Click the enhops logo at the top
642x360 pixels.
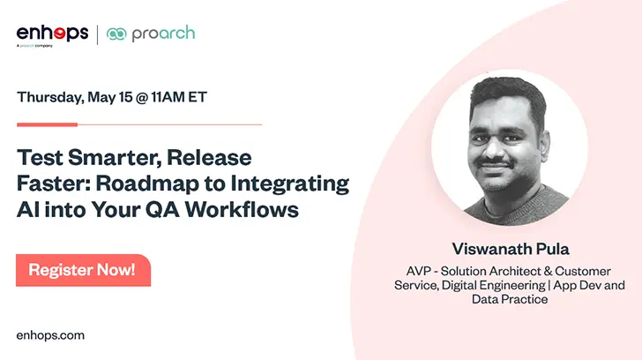(52, 34)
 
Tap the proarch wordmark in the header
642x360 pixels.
(163, 34)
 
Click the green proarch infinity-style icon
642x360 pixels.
(116, 34)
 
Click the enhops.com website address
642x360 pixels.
(50, 335)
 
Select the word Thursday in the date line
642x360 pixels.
(50, 97)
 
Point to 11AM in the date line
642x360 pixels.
(168, 97)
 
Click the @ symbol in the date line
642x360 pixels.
(142, 97)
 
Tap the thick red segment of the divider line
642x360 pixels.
(47, 124)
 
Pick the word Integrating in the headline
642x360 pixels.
(290, 184)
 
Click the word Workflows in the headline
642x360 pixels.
(242, 209)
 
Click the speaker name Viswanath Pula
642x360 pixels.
(511, 249)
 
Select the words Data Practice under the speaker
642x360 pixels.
(510, 299)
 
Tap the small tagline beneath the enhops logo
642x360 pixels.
(34, 46)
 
